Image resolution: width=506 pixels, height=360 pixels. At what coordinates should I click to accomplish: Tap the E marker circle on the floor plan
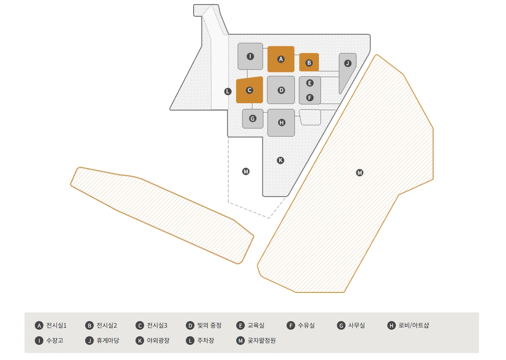click(310, 83)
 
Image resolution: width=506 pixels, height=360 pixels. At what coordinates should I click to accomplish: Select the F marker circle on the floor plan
click(310, 97)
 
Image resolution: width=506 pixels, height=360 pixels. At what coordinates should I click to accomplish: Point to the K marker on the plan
click(280, 160)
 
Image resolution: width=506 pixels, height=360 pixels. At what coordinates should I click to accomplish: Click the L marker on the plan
click(228, 91)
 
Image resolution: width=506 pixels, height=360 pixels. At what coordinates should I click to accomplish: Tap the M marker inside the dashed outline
click(246, 171)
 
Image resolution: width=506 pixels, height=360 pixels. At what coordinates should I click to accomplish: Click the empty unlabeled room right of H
click(310, 117)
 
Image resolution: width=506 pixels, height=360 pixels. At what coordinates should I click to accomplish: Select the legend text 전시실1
click(56, 326)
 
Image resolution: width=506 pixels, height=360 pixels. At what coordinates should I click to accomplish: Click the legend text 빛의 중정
click(209, 326)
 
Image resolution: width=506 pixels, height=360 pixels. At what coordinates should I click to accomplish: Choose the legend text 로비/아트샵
click(414, 326)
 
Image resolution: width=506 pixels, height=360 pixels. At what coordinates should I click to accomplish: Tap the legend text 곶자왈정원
click(262, 340)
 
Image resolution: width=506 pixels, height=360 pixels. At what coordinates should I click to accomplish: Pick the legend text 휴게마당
click(108, 340)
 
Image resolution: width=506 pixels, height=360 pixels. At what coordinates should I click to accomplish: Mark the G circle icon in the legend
click(341, 326)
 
